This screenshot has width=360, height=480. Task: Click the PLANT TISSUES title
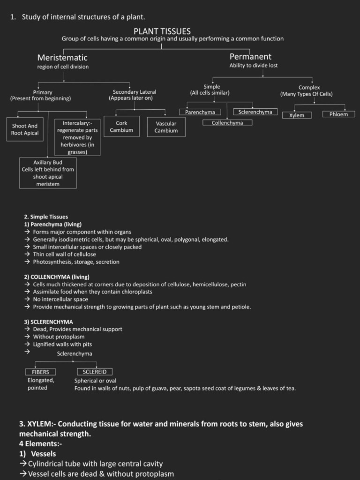click(x=162, y=31)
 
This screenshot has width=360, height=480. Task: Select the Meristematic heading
click(x=62, y=58)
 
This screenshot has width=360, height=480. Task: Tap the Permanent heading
click(x=250, y=57)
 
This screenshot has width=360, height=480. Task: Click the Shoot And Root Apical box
click(x=25, y=129)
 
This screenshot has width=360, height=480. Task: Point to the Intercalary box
click(x=77, y=137)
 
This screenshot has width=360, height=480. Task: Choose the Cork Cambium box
click(x=121, y=127)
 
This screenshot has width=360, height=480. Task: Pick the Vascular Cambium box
click(x=166, y=127)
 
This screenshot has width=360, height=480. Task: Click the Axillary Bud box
click(x=48, y=173)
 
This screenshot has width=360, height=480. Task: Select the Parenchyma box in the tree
click(x=200, y=112)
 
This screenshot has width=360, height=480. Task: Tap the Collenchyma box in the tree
click(x=227, y=123)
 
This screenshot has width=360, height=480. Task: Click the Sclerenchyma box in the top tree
click(x=255, y=112)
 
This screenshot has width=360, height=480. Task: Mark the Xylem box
click(x=297, y=115)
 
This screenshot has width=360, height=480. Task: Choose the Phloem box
click(x=338, y=114)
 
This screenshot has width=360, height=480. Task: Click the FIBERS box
click(x=40, y=372)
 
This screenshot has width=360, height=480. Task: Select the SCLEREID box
click(x=95, y=372)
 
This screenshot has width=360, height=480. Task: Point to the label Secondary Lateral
click(x=135, y=92)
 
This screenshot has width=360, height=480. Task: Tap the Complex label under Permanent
click(x=309, y=88)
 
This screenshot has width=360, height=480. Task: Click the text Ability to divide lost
click(x=253, y=66)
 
